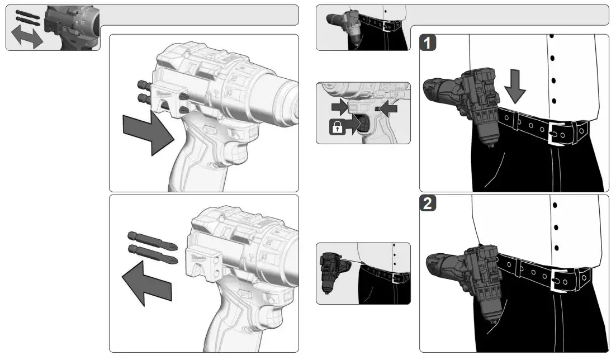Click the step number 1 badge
coord(429,44)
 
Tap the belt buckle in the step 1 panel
coord(560,134)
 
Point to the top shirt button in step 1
coord(552,36)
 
